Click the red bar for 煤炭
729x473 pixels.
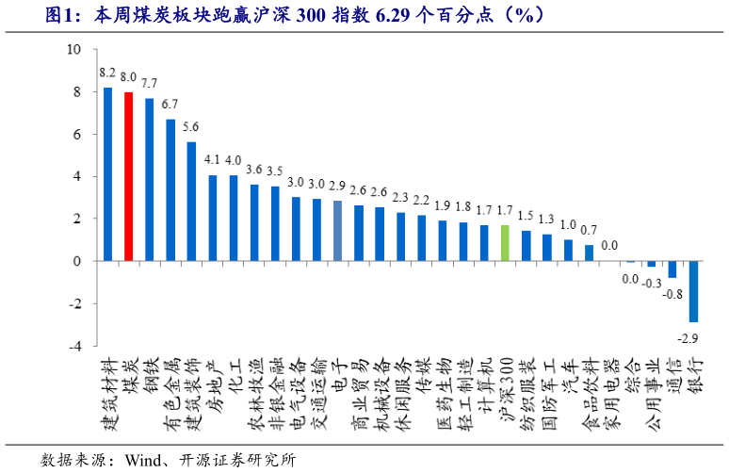click(x=128, y=176)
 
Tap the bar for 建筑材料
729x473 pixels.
click(x=107, y=174)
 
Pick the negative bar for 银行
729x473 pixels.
click(x=693, y=291)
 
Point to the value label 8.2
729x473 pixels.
click(x=107, y=72)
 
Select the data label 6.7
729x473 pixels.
click(x=170, y=104)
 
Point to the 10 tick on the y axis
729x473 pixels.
click(x=73, y=50)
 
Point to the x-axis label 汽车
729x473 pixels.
click(x=569, y=374)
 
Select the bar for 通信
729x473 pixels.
click(x=672, y=269)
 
